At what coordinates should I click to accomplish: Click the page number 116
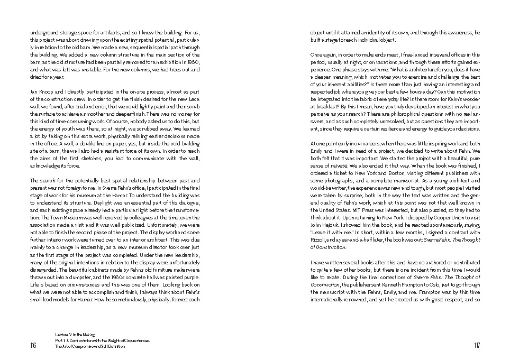pos(33,346)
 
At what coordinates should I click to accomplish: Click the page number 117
pos(477,346)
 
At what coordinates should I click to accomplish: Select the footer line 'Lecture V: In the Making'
pos(74,335)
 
